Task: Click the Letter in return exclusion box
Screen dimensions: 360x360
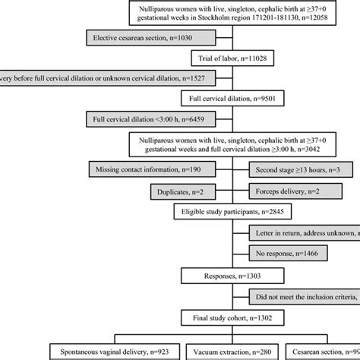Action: coord(305,235)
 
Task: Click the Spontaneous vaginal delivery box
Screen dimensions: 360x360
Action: coord(107,352)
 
